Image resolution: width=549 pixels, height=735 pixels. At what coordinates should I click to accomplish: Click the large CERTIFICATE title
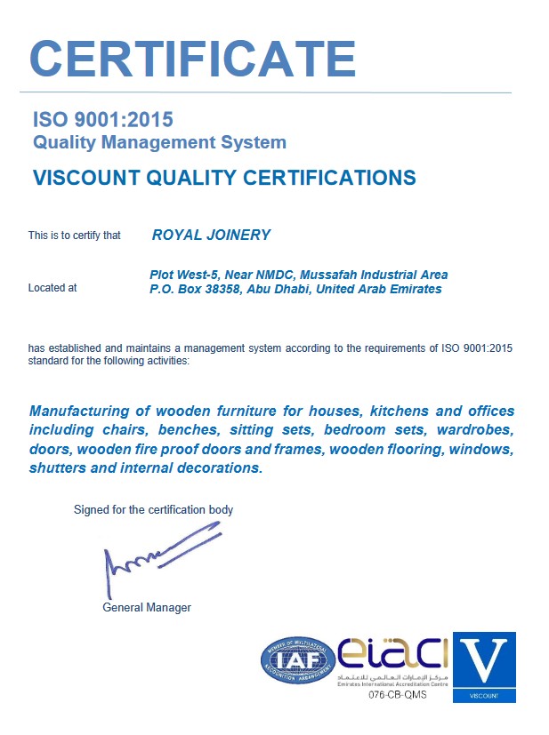coord(193,58)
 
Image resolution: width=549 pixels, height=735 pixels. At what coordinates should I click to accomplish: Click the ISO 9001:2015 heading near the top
coord(102,119)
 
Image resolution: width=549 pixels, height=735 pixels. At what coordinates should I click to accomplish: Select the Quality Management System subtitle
coord(159,141)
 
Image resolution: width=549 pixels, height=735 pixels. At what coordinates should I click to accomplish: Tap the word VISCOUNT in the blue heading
coord(80,178)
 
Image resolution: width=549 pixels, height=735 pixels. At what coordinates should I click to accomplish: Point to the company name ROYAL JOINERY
coord(211,236)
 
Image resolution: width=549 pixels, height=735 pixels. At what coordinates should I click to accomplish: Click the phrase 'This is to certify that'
coord(74,236)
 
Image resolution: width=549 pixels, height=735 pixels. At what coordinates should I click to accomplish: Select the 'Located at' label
coord(52,288)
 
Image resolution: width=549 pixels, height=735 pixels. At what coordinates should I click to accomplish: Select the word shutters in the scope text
coord(57,467)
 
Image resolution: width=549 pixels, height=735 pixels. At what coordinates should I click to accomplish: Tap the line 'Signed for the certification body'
coord(153,510)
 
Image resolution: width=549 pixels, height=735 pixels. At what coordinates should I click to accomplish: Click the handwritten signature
coord(160,552)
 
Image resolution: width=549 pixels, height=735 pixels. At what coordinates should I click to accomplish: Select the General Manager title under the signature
coord(147,608)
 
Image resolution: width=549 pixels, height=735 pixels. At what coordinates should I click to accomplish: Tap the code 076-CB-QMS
coord(398,695)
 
